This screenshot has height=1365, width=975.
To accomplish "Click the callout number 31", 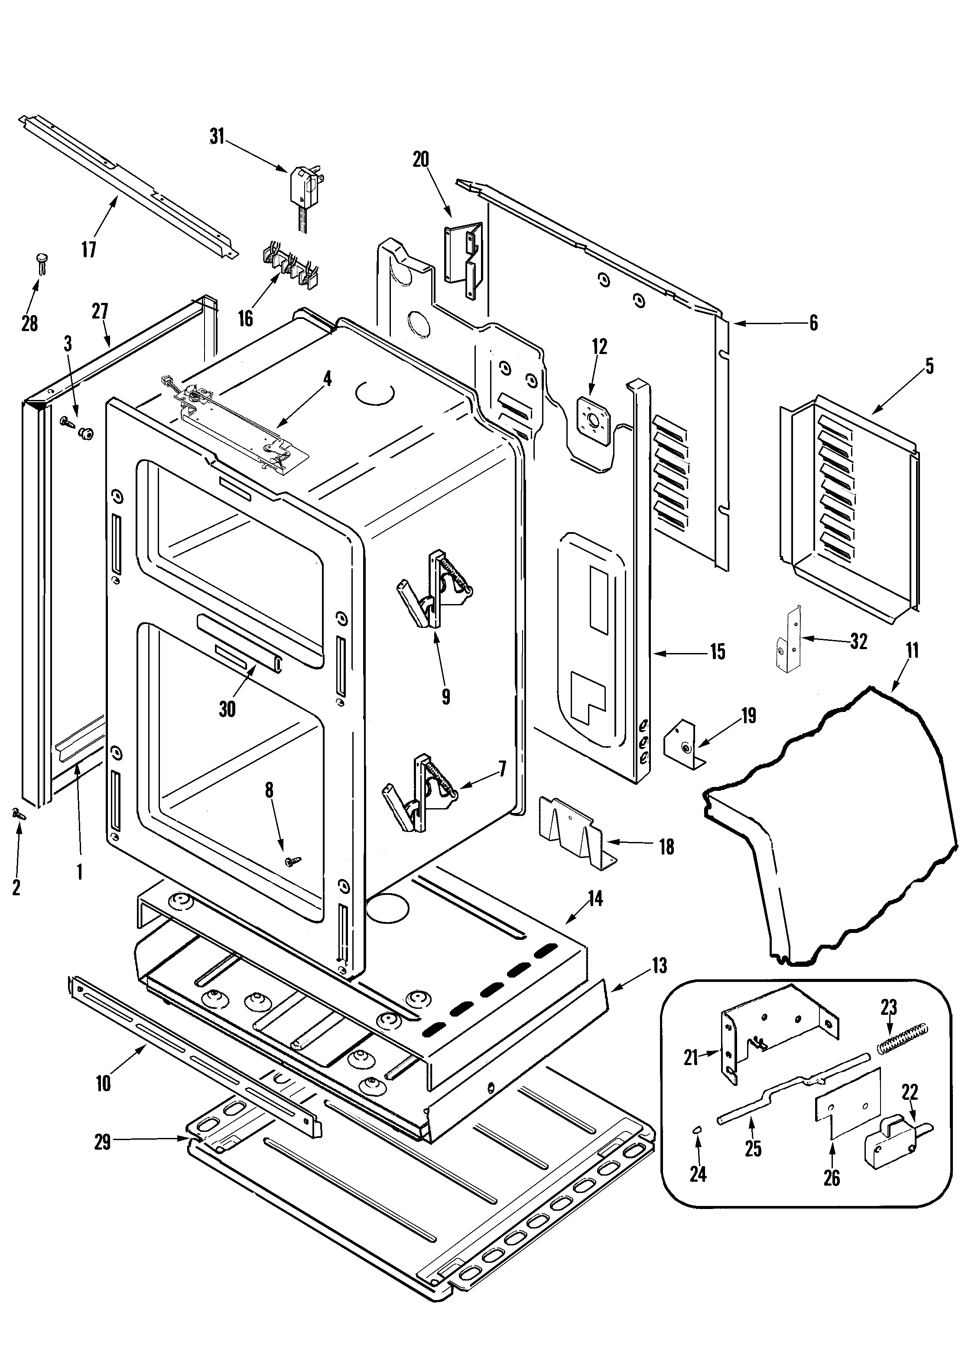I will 217,137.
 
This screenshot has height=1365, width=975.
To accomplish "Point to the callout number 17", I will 89,250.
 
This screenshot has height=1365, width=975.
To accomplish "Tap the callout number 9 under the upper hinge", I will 445,697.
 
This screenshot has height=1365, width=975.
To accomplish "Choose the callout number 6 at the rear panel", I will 813,323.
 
